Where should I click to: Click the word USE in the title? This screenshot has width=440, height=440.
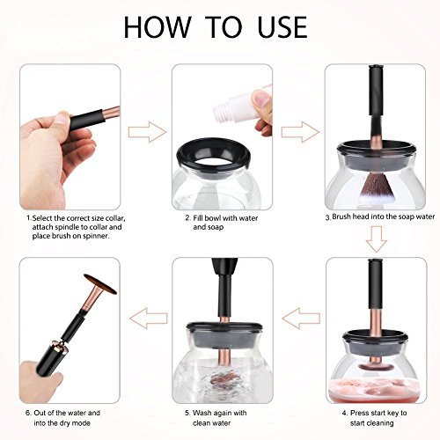282,27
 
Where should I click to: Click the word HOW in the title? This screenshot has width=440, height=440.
158,27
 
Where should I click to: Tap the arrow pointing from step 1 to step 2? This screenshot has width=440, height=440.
147,132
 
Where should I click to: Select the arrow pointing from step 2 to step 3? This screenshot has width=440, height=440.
300,132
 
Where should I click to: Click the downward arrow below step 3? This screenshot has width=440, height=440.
377,239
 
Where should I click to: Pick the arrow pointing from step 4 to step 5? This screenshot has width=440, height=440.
301,319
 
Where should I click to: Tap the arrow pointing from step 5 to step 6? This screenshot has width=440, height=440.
149,319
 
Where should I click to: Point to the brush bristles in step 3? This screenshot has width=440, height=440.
378,190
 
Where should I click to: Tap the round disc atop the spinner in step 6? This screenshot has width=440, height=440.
100,283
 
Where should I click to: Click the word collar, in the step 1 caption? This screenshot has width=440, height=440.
114,218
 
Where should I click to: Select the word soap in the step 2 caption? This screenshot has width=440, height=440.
216,227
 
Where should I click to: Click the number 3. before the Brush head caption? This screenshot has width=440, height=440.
328,217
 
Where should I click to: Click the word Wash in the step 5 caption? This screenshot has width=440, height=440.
202,413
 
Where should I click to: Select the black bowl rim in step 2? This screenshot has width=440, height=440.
214,157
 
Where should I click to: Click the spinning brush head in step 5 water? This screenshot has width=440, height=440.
224,379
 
